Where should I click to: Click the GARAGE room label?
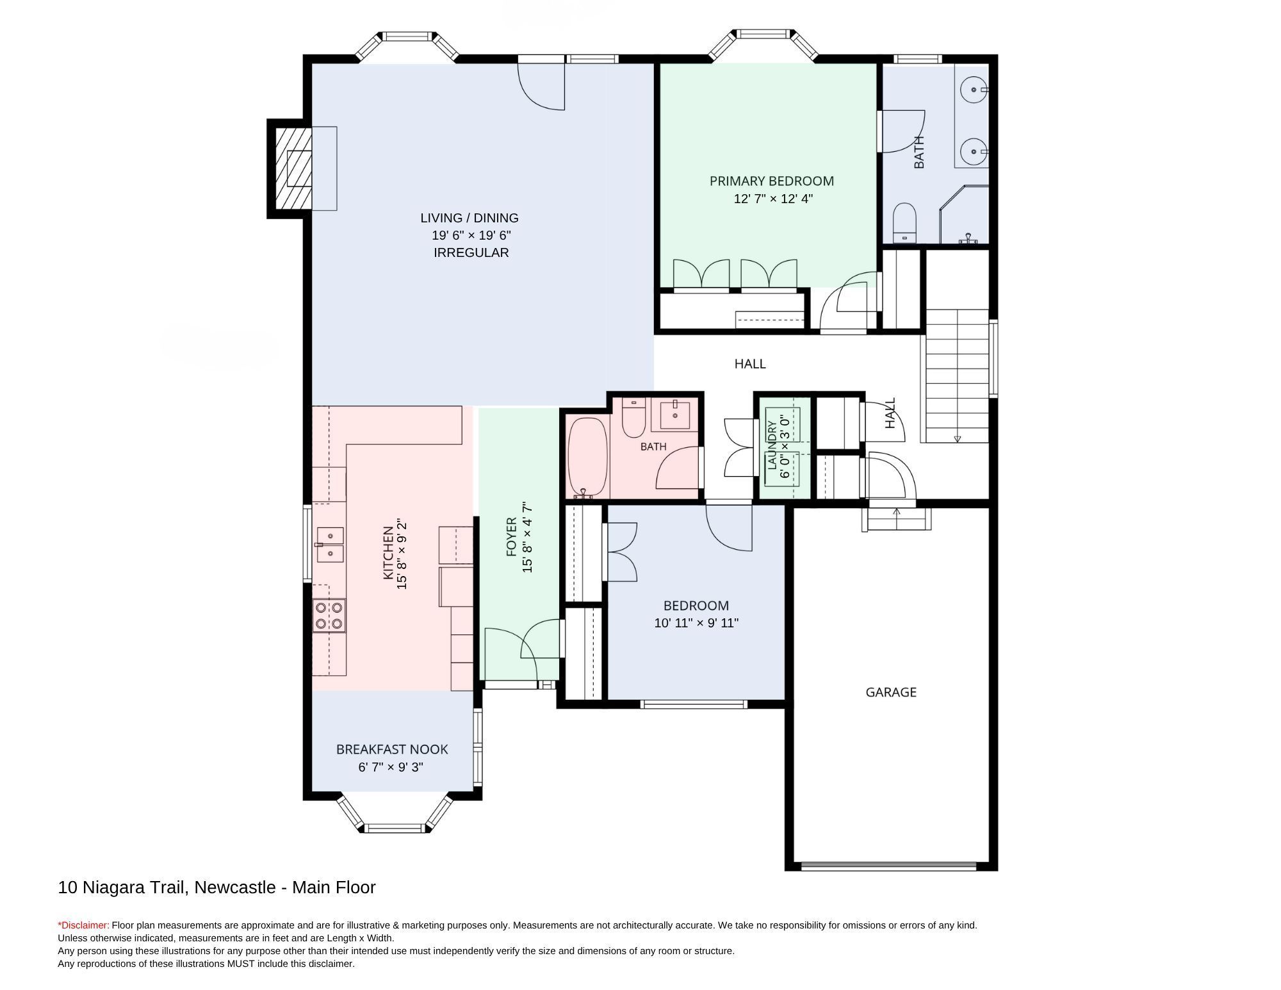pos(890,692)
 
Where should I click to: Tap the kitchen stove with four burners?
pos(329,615)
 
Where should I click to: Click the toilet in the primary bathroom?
pos(904,222)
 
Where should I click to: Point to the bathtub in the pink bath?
pos(587,458)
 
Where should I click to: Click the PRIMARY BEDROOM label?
pos(772,181)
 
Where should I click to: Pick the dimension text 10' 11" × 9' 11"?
pos(696,623)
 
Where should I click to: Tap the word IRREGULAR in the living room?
pos(471,252)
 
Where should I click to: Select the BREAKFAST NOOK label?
pos(392,749)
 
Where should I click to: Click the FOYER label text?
pos(511,537)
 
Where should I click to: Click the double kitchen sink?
pos(329,545)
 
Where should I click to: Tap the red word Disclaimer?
pos(84,925)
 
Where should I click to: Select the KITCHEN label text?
pos(388,553)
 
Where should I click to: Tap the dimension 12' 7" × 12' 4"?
pos(773,199)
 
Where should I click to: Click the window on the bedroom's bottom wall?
pos(694,704)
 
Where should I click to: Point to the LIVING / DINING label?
pos(469,218)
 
